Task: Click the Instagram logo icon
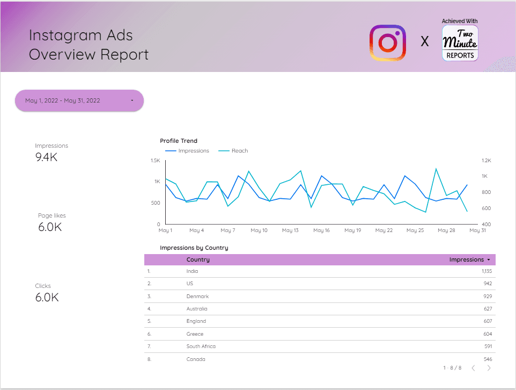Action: point(387,42)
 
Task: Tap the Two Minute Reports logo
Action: point(460,43)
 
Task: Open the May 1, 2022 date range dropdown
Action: point(79,100)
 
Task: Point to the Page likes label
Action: point(52,215)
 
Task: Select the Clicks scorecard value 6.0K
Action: point(47,297)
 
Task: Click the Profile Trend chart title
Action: point(179,141)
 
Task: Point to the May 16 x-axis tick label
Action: point(321,230)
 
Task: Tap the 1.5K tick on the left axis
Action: point(155,161)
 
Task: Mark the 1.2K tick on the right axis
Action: point(486,161)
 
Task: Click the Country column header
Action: point(198,259)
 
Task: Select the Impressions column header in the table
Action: point(466,259)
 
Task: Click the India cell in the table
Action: point(192,271)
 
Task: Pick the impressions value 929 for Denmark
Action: point(487,297)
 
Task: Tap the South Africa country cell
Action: point(201,346)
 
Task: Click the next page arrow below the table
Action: point(489,368)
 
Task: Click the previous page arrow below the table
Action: point(473,368)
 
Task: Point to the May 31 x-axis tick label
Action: point(477,230)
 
